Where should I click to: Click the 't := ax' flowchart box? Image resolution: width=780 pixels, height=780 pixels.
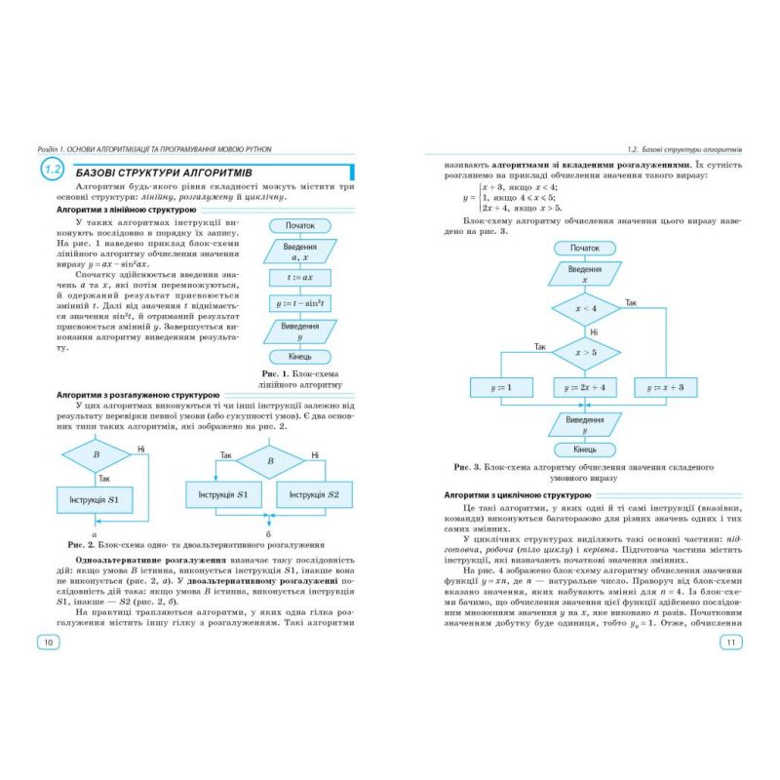pyautogui.click(x=299, y=277)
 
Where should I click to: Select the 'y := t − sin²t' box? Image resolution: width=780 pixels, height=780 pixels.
pyautogui.click(x=299, y=304)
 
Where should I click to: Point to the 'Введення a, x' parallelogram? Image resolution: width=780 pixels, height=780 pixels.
pyautogui.click(x=299, y=252)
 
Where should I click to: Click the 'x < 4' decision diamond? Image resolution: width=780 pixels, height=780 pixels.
pyautogui.click(x=585, y=308)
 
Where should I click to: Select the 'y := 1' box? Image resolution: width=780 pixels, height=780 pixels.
pyautogui.click(x=504, y=388)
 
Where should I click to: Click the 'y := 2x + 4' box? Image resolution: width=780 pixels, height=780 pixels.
pyautogui.click(x=585, y=388)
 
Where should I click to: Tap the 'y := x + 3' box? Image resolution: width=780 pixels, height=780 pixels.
pyautogui.click(x=665, y=388)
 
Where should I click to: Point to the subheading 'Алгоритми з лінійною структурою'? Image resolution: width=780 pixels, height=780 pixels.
pyautogui.click(x=126, y=210)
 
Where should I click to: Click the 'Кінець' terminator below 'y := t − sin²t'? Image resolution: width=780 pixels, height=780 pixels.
pyautogui.click(x=299, y=356)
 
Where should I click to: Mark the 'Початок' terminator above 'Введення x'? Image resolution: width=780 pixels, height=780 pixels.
pyautogui.click(x=585, y=248)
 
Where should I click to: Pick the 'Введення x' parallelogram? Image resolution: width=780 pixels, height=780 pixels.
pyautogui.click(x=585, y=273)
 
